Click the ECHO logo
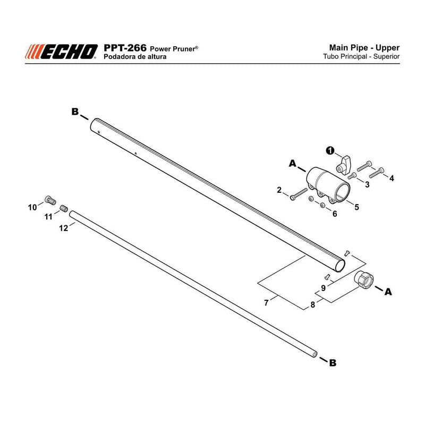[x=61, y=52]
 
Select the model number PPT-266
[x=125, y=48]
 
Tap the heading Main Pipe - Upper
[x=364, y=48]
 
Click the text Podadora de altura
[x=135, y=57]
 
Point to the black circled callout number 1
[x=330, y=151]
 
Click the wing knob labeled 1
[x=343, y=165]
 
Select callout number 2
[x=279, y=190]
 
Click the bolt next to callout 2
[x=299, y=194]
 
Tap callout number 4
[x=392, y=178]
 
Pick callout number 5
[x=356, y=207]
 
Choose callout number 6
[x=335, y=214]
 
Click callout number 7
[x=266, y=303]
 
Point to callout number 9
[x=323, y=288]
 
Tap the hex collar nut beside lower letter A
[x=364, y=279]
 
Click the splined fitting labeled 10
[x=50, y=200]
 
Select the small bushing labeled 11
[x=63, y=208]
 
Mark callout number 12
[x=64, y=228]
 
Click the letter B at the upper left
[x=75, y=112]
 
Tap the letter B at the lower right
[x=333, y=363]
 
